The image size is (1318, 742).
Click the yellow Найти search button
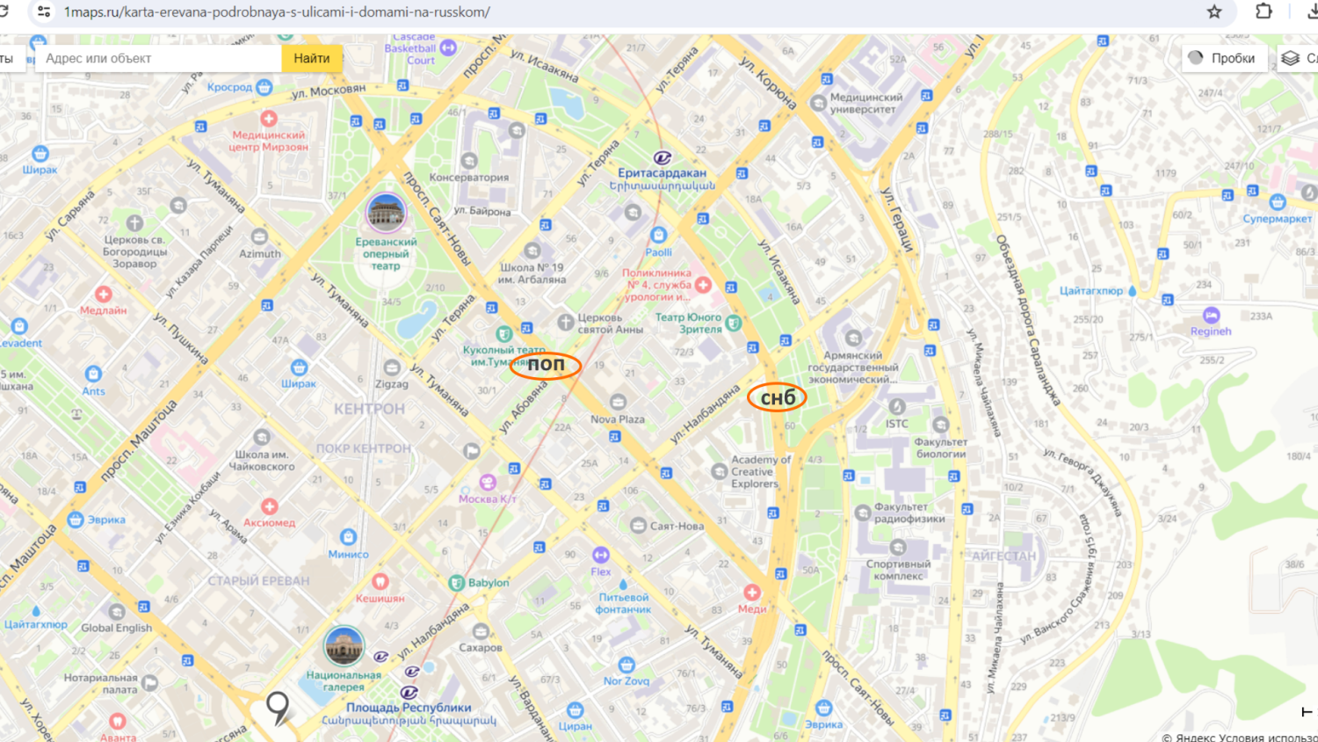click(312, 58)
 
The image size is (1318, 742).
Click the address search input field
click(158, 58)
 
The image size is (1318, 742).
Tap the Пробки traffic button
click(1223, 58)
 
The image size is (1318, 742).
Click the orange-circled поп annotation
click(546, 364)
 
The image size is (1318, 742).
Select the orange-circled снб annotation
click(777, 398)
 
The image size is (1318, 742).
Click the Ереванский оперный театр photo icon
click(386, 213)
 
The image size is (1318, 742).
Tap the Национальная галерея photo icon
click(344, 646)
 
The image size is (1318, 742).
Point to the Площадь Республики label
click(409, 708)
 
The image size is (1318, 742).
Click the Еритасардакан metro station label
click(662, 173)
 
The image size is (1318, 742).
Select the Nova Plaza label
click(618, 419)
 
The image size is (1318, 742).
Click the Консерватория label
click(469, 177)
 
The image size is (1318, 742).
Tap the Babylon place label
click(488, 583)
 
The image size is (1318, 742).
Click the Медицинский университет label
click(865, 103)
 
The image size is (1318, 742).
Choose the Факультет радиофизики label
click(909, 513)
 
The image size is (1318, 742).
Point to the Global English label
click(117, 628)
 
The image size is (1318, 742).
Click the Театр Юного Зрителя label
click(688, 323)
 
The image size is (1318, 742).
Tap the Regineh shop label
click(1211, 331)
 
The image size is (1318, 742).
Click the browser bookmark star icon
click(1214, 11)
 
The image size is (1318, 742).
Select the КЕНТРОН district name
click(369, 409)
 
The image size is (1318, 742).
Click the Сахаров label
click(481, 647)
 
